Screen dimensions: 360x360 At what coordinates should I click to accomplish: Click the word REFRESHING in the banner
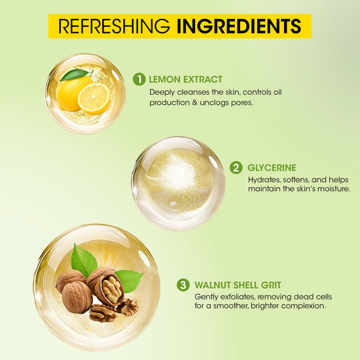(x=114, y=26)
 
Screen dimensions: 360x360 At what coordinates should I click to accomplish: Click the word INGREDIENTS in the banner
(x=239, y=26)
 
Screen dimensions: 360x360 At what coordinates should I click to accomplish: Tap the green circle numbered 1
(x=139, y=79)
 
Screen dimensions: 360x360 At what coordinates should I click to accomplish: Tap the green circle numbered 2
(x=236, y=168)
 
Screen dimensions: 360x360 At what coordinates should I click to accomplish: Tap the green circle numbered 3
(x=183, y=285)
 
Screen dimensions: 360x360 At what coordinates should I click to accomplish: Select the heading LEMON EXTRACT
(x=186, y=79)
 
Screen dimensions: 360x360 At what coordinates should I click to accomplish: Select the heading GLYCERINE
(x=272, y=168)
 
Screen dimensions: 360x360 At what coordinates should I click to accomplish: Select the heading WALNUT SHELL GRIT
(x=238, y=285)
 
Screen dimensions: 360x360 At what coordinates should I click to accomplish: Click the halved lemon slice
(x=94, y=99)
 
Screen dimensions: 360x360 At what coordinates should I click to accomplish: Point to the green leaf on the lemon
(x=75, y=75)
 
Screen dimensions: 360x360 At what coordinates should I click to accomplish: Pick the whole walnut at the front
(x=77, y=297)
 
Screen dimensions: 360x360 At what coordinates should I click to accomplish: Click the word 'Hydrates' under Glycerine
(x=264, y=180)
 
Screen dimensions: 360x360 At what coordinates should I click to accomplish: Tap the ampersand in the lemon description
(x=195, y=103)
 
